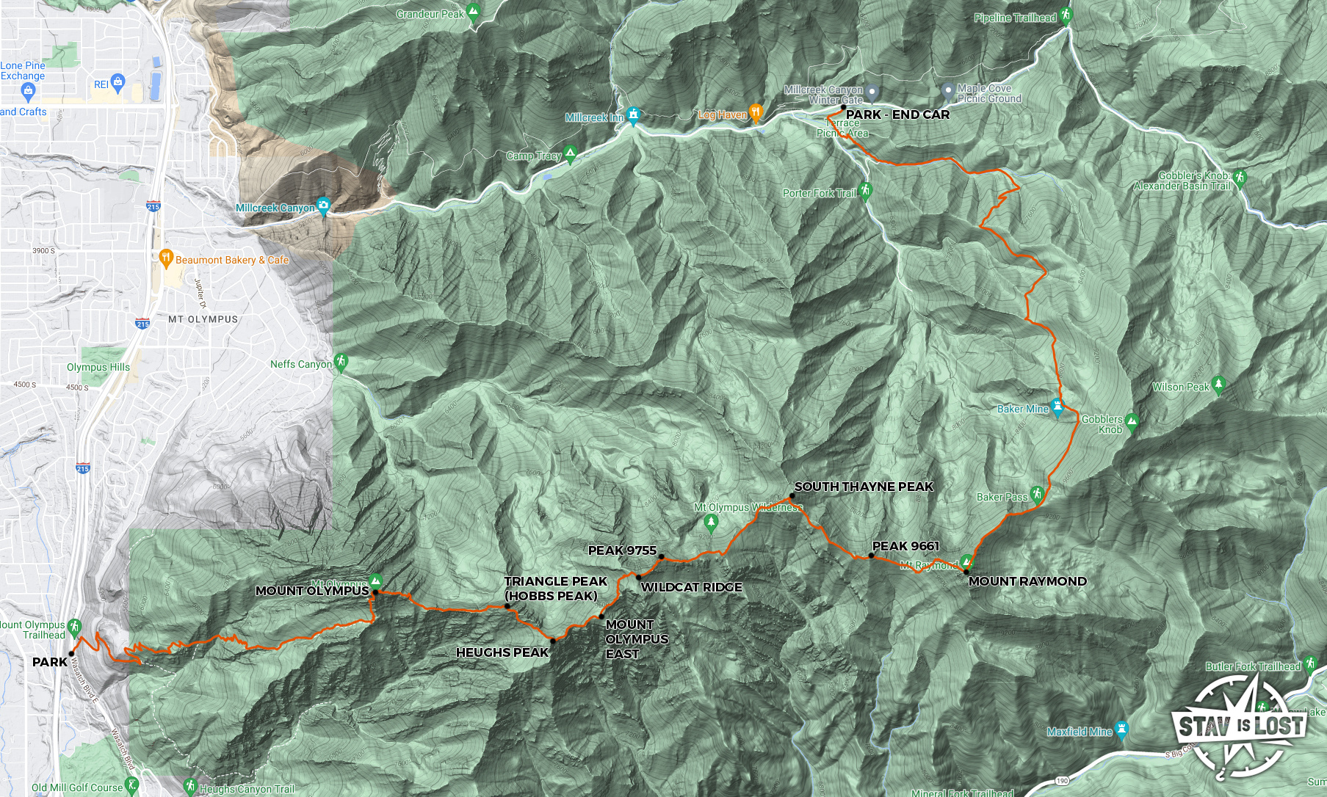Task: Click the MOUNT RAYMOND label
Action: pos(1027,581)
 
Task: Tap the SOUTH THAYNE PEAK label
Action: pos(864,487)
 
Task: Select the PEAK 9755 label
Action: pos(622,550)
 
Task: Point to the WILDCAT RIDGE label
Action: pos(691,587)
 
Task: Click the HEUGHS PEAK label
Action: pos(502,652)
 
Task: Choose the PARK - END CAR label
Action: pos(897,114)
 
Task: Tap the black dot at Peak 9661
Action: pos(871,556)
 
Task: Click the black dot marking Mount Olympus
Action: pos(375,592)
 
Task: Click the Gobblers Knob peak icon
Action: pos(1132,421)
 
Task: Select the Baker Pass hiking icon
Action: pos(1037,494)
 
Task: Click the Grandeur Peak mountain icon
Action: pos(474,12)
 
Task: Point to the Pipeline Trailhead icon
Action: pos(1066,15)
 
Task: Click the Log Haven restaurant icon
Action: pos(756,112)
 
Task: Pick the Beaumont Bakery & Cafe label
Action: pos(232,260)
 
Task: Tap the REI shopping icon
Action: pos(117,81)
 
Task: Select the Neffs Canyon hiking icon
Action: pos(341,362)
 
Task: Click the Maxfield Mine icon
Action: pos(1121,729)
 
